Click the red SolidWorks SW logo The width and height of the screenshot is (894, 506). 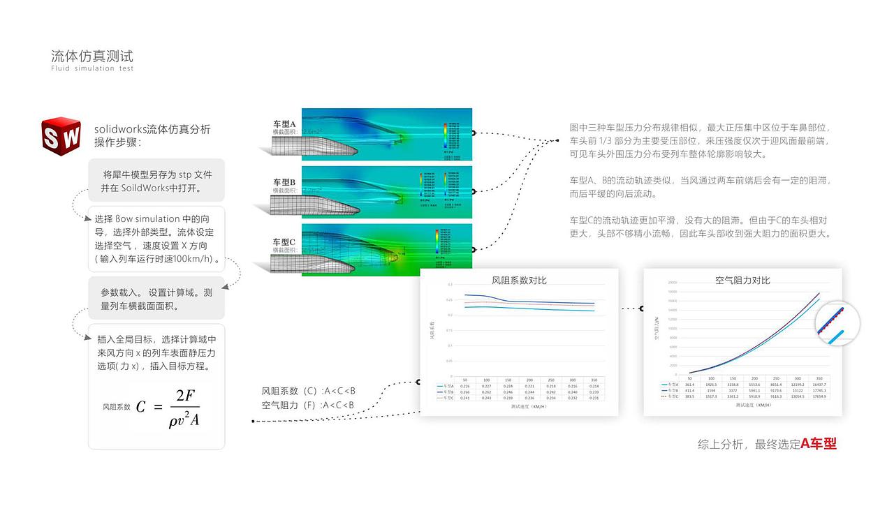pyautogui.click(x=61, y=137)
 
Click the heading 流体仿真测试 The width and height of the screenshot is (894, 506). pyautogui.click(x=91, y=56)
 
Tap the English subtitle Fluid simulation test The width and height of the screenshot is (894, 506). pyautogui.click(x=91, y=68)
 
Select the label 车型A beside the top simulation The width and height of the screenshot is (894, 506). pyautogui.click(x=284, y=124)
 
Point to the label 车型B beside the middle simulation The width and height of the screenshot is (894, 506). pyautogui.click(x=284, y=182)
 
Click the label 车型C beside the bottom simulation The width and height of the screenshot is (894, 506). pyautogui.click(x=284, y=241)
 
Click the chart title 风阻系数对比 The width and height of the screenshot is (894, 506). pyautogui.click(x=519, y=280)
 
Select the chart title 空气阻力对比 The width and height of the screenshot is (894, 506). pyautogui.click(x=742, y=280)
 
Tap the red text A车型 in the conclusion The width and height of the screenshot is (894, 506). pyautogui.click(x=819, y=443)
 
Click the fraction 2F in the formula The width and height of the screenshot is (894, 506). pyautogui.click(x=184, y=396)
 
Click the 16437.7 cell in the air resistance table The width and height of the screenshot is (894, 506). pyautogui.click(x=819, y=385)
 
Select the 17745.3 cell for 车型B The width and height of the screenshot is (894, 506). pyautogui.click(x=819, y=390)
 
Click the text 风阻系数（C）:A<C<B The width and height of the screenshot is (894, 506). pyautogui.click(x=308, y=392)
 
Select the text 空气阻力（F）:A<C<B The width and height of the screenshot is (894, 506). pyautogui.click(x=308, y=405)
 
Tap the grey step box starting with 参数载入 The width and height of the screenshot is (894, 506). pyautogui.click(x=156, y=299)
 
